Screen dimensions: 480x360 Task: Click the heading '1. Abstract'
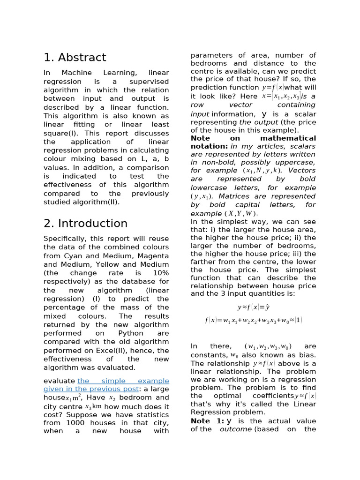(x=75, y=58)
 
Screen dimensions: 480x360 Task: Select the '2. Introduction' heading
(x=85, y=223)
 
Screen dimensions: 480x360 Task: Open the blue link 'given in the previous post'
(x=91, y=389)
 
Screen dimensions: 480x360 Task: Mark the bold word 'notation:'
(x=209, y=146)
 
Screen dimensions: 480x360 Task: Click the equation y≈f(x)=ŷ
(x=254, y=307)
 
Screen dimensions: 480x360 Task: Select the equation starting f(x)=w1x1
(x=254, y=320)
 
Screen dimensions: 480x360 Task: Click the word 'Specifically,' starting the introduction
(x=67, y=239)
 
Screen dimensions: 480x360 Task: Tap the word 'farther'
(x=204, y=262)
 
